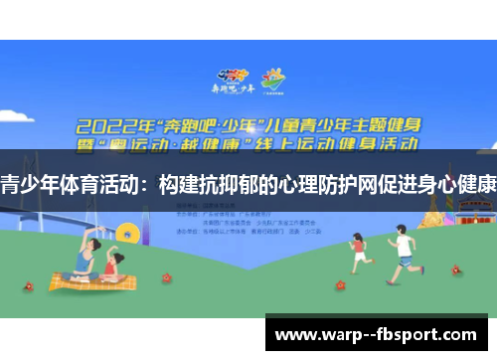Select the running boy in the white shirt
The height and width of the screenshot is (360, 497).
click(402, 254)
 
